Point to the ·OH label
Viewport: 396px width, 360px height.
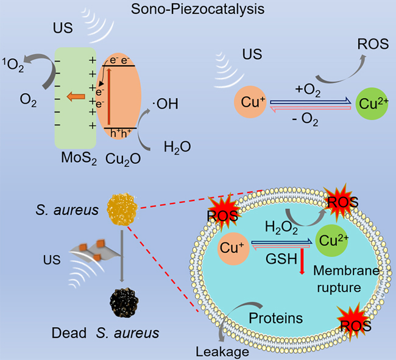click(168, 104)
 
